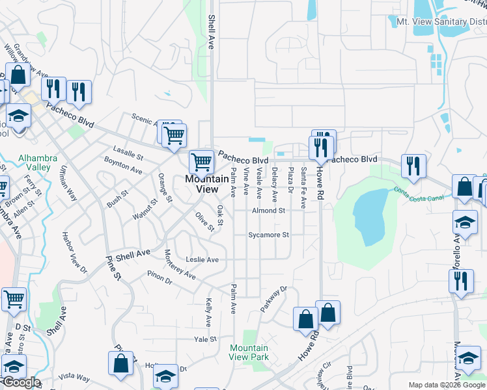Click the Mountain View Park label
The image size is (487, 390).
click(x=249, y=352)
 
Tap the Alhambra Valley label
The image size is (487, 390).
click(x=38, y=162)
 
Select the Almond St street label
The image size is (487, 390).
click(x=269, y=211)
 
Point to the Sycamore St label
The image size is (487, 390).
click(x=268, y=235)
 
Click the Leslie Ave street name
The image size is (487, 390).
click(x=202, y=259)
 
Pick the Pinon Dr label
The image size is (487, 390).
click(x=159, y=277)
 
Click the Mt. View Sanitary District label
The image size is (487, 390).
click(x=441, y=21)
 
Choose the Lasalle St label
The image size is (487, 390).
click(x=128, y=152)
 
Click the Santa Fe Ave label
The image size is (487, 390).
click(x=303, y=188)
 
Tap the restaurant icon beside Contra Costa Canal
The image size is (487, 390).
click(x=413, y=167)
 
